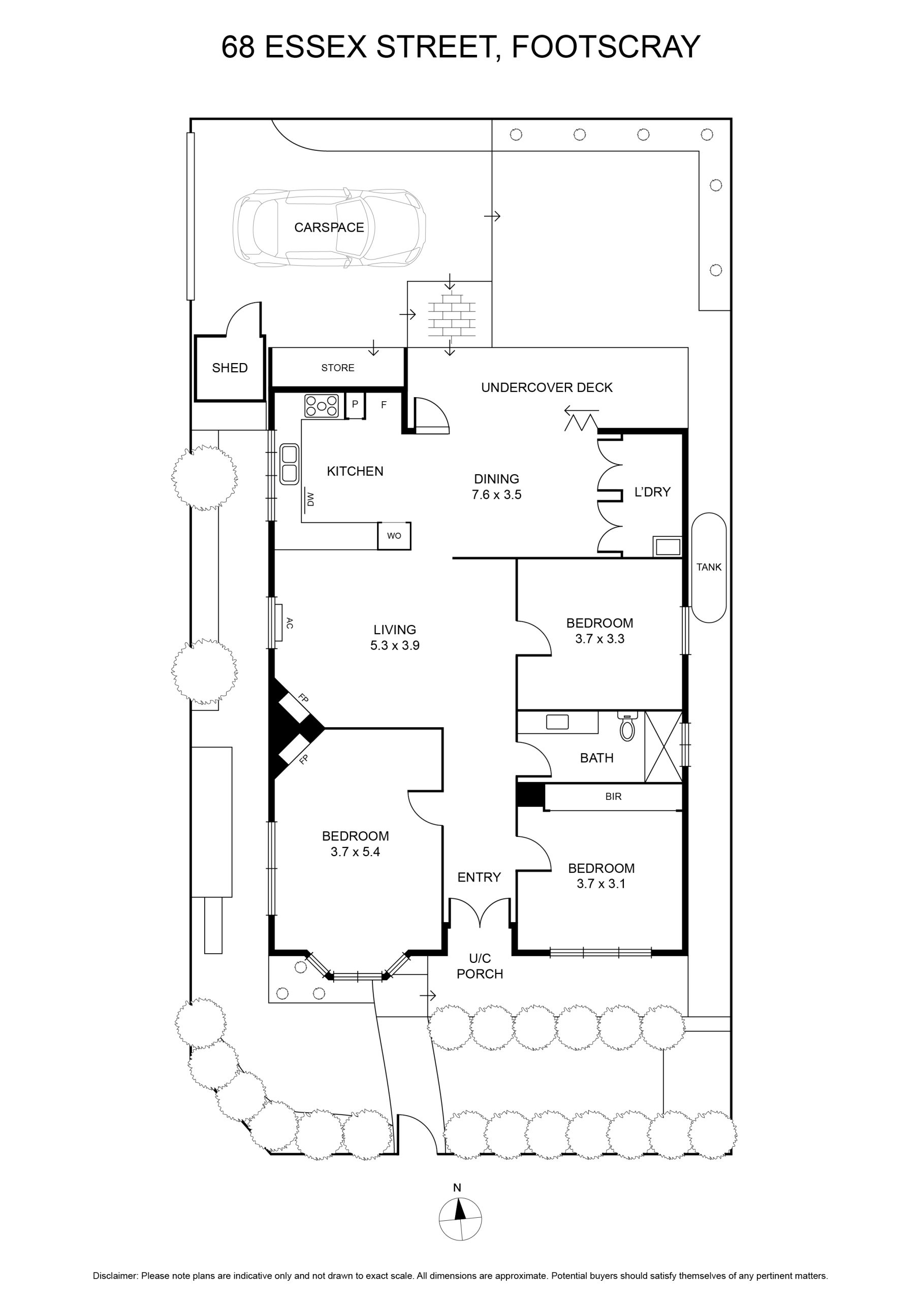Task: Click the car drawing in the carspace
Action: point(329,227)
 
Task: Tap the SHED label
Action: point(230,368)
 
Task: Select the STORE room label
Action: point(338,368)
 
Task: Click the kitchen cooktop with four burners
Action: point(322,406)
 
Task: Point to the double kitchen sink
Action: point(290,464)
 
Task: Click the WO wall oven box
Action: point(394,536)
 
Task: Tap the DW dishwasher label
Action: point(310,499)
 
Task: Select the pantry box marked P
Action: point(355,405)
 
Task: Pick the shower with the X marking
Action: point(663,747)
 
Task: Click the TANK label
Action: point(709,567)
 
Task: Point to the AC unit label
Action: point(290,624)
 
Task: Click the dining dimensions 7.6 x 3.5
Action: point(497,495)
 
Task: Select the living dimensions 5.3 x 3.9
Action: point(395,645)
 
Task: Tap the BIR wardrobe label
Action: point(614,797)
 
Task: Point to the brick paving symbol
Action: point(452,315)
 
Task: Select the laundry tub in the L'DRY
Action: point(668,547)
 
